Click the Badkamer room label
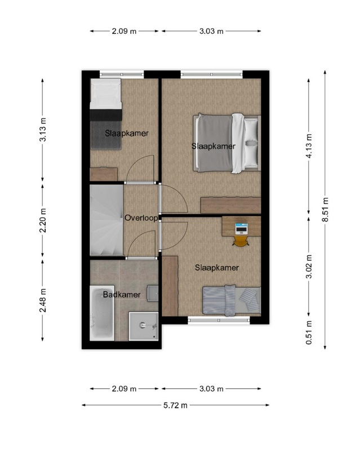[x=122, y=295]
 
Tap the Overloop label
[x=141, y=218]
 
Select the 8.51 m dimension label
[x=326, y=210]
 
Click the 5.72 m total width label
[x=175, y=405]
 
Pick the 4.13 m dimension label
[x=309, y=146]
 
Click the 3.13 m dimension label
[x=43, y=130]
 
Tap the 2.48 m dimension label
[x=43, y=300]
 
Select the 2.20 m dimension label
[x=43, y=220]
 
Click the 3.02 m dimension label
[x=309, y=267]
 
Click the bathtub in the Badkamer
[x=102, y=313]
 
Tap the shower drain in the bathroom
[x=142, y=325]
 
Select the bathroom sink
[x=153, y=294]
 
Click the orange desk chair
[x=241, y=241]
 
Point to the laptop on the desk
[x=241, y=229]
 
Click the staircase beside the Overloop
[x=106, y=220]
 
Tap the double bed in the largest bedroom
[x=227, y=143]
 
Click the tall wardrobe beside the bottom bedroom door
[x=170, y=286]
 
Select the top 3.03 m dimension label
[x=211, y=31]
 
